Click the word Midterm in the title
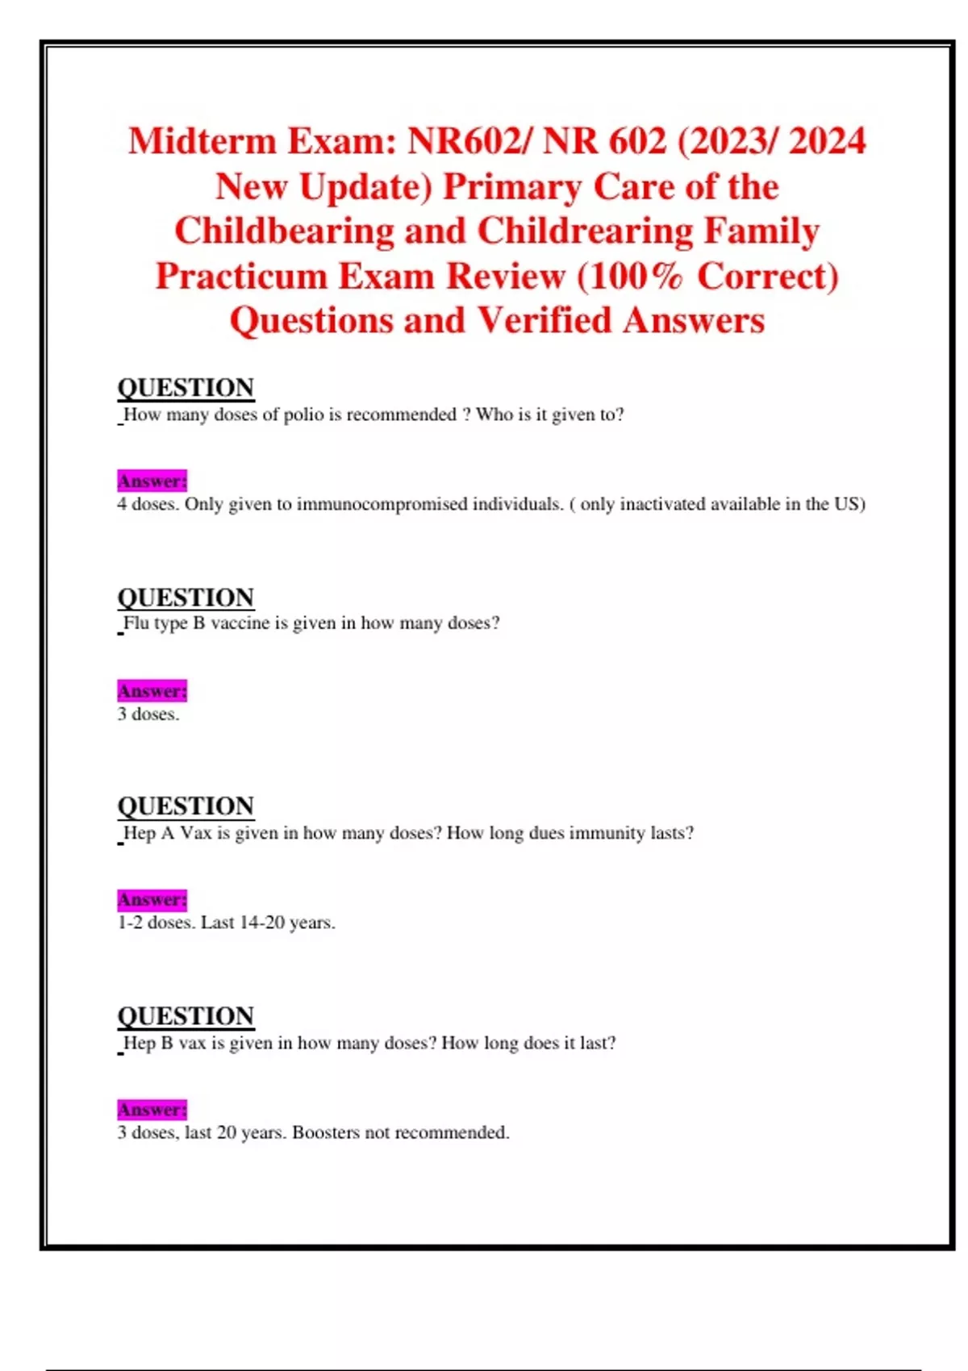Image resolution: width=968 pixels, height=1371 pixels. point(202,141)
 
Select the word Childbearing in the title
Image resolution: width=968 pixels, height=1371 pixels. point(284,231)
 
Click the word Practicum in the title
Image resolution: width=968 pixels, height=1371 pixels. point(240,277)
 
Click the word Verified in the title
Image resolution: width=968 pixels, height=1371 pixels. point(544,321)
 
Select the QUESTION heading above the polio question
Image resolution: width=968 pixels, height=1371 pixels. point(186,388)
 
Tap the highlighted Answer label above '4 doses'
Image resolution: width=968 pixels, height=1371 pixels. point(152,481)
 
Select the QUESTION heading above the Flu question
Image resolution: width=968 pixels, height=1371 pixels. point(186,598)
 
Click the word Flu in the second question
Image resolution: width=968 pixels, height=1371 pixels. point(136,623)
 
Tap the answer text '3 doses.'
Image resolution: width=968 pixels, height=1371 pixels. point(148,715)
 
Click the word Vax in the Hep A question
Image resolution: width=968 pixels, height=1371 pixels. point(195,833)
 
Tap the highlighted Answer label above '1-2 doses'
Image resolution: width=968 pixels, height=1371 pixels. point(152,899)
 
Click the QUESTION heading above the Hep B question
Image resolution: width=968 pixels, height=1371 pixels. point(186,1016)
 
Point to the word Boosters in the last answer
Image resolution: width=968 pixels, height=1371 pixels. point(326,1133)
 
